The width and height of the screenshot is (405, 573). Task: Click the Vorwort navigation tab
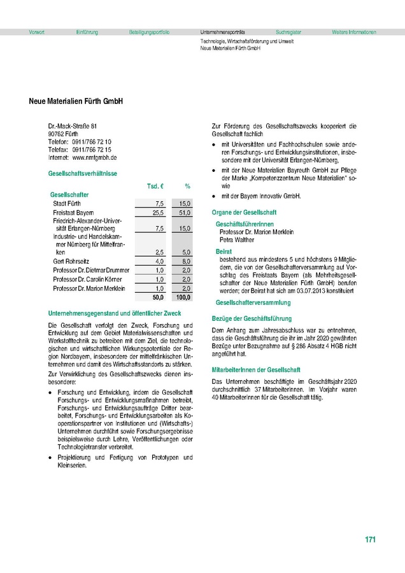point(36,32)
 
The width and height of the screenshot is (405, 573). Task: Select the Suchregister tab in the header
point(288,32)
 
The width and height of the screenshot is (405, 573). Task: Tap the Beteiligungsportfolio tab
point(149,32)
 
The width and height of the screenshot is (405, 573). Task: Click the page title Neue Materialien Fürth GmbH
point(76,101)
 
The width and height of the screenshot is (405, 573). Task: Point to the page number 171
point(371,540)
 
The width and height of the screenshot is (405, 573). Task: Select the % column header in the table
point(188,186)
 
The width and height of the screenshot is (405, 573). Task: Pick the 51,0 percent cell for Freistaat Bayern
point(185,211)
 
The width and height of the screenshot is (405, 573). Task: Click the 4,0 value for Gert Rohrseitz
point(159,262)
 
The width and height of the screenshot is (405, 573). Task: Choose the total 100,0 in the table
point(183,297)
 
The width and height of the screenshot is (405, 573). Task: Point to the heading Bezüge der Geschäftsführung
point(252,318)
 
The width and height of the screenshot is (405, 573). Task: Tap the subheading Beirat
point(224,253)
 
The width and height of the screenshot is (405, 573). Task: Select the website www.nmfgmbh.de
point(94,157)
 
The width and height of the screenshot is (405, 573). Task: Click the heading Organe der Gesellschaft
point(244,212)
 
